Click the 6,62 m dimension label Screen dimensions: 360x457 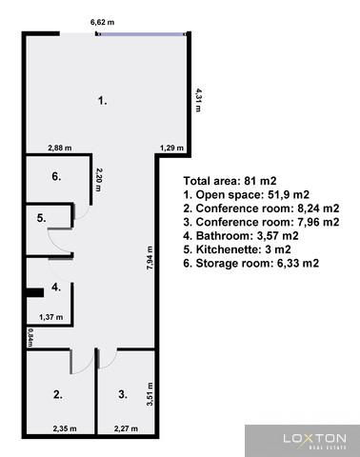[102, 22]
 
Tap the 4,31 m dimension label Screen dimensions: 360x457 [198, 100]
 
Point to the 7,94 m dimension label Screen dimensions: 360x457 [150, 258]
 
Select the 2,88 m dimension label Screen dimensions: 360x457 [60, 148]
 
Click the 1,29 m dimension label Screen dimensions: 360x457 [171, 148]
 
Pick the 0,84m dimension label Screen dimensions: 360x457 [30, 337]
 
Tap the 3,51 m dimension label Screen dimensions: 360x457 [150, 394]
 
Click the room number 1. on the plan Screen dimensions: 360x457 [102, 101]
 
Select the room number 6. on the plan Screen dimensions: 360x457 [56, 176]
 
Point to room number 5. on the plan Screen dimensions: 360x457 [42, 218]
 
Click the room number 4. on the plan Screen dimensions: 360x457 [56, 288]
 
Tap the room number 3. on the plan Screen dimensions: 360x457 [123, 394]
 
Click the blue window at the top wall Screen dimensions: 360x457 [143, 33]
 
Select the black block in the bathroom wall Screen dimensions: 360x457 [35, 292]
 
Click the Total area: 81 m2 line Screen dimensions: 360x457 [230, 181]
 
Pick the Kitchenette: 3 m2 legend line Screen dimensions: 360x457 [237, 249]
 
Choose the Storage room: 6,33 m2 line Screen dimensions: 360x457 [250, 263]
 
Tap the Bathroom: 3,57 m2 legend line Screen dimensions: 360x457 [241, 236]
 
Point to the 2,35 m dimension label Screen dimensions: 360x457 [65, 428]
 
